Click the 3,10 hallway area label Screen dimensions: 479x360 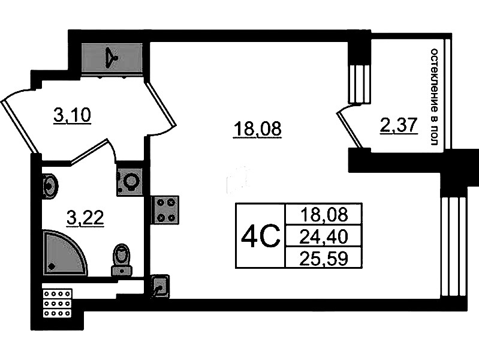click(73, 115)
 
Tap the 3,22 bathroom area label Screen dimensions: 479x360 click(86, 218)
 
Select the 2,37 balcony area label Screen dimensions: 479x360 click(399, 125)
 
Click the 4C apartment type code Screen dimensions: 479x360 click(260, 236)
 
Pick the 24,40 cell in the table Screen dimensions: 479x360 click(324, 236)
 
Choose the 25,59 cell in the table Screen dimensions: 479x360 click(324, 259)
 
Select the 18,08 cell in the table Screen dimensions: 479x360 click(324, 214)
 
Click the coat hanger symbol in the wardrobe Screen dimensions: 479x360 click(111, 58)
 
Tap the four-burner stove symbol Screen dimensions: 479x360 click(165, 210)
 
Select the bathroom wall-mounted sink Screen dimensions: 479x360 click(50, 186)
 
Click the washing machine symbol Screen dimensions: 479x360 click(130, 182)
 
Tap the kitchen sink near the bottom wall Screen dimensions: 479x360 click(161, 286)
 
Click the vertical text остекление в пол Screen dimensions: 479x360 click(434, 97)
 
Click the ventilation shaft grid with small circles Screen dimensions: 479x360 click(58, 303)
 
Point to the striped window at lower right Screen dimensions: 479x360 click(454, 247)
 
